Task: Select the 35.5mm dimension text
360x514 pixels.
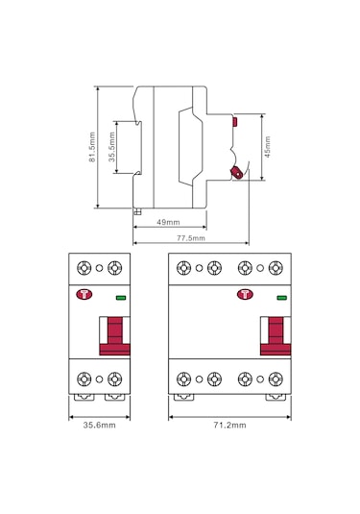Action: [111, 147]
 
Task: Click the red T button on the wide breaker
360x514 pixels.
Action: [244, 298]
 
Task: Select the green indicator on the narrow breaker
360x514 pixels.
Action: [120, 298]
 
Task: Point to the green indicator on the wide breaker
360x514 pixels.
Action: [281, 298]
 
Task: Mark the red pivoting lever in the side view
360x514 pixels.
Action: [235, 172]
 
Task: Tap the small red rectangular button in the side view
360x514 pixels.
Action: [234, 122]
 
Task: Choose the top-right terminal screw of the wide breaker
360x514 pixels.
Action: [277, 267]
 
